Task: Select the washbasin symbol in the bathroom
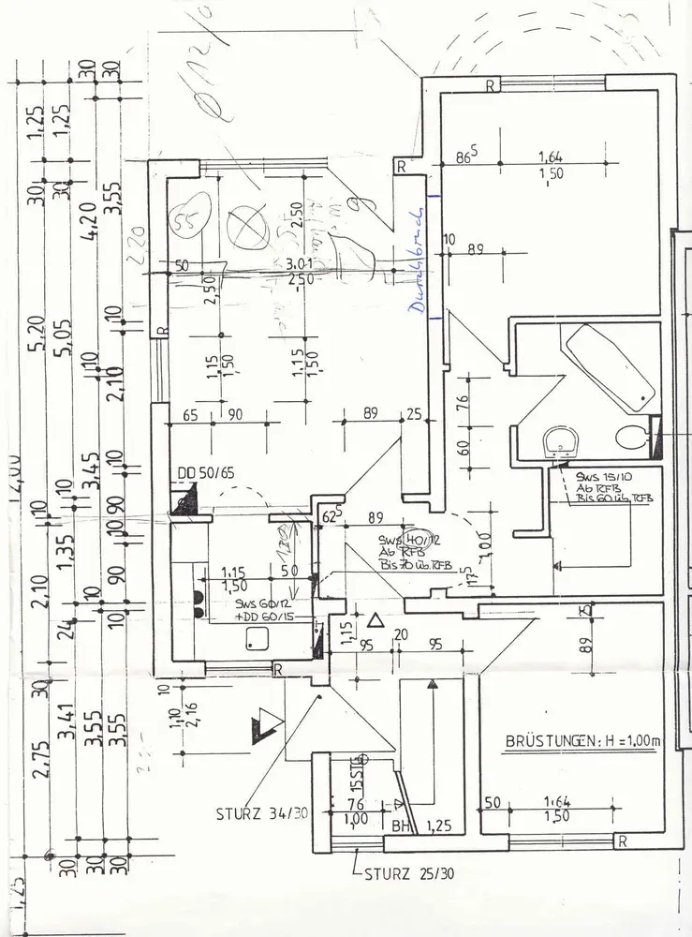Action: [x=563, y=439]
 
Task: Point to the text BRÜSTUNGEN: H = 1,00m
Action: [x=582, y=741]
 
